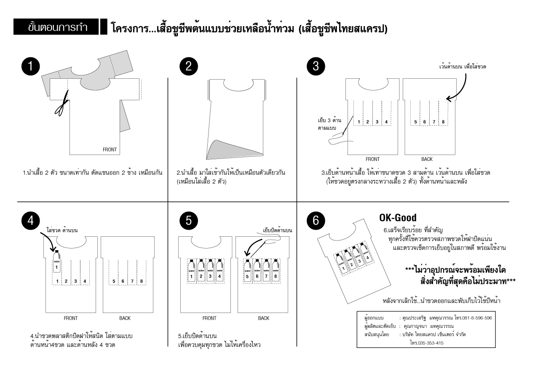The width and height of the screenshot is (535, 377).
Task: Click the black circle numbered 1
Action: pyautogui.click(x=31, y=67)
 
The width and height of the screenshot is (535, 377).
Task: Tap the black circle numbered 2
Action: pyautogui.click(x=189, y=67)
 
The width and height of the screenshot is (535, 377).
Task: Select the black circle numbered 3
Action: pyautogui.click(x=316, y=67)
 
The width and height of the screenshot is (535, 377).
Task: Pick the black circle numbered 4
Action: pyautogui.click(x=31, y=221)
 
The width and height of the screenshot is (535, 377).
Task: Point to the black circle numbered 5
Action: pyautogui.click(x=189, y=221)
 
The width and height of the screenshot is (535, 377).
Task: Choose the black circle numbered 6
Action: pyautogui.click(x=316, y=221)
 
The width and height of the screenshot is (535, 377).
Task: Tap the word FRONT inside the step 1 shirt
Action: pyautogui.click(x=110, y=150)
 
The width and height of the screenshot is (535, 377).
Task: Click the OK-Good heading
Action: pyautogui.click(x=398, y=218)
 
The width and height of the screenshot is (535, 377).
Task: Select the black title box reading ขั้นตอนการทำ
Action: pyautogui.click(x=56, y=27)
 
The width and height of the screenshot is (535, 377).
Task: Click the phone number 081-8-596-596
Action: pyautogui.click(x=477, y=318)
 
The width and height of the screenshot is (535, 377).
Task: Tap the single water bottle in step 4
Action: pyautogui.click(x=56, y=261)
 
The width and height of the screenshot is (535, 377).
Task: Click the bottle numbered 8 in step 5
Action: pyautogui.click(x=276, y=271)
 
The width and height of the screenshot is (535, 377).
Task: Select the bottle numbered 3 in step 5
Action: pyautogui.click(x=210, y=271)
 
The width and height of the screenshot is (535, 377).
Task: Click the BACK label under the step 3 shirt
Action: pyautogui.click(x=427, y=159)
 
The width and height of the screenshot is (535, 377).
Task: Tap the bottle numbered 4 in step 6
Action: pyautogui.click(x=366, y=253)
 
